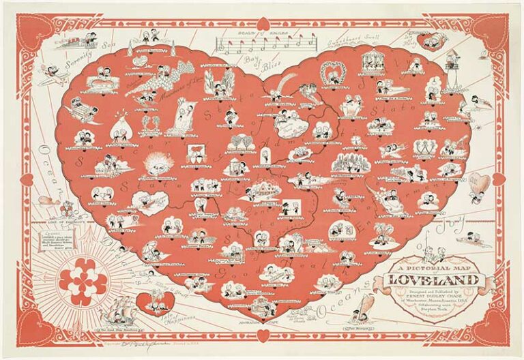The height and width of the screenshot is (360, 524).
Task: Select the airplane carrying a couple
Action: click(x=53, y=74)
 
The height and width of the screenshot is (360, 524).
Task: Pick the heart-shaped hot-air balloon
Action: click(x=481, y=184)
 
